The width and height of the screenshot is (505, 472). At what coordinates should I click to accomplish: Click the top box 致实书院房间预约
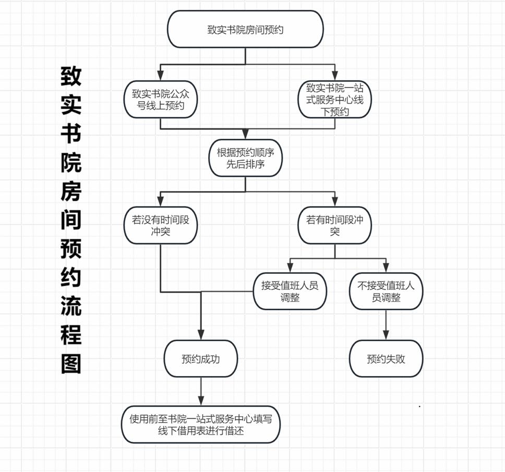[245, 29]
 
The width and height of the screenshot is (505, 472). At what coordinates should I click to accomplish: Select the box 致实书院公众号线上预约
[160, 100]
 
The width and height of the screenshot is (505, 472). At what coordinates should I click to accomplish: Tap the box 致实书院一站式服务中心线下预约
[334, 100]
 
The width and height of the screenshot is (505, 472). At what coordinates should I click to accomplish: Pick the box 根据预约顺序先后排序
[245, 158]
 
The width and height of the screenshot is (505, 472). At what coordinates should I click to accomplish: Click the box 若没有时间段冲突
[160, 225]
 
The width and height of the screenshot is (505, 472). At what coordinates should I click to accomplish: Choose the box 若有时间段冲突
[334, 225]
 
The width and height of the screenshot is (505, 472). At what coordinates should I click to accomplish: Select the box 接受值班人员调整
[290, 292]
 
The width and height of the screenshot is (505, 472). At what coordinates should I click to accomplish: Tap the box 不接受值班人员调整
[386, 292]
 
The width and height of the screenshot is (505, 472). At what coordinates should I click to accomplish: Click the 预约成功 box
[201, 359]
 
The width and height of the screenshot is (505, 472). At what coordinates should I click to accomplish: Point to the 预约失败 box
[386, 359]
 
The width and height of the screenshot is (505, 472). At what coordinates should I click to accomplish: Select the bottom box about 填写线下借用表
[201, 425]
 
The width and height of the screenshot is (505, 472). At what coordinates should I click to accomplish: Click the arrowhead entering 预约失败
[386, 335]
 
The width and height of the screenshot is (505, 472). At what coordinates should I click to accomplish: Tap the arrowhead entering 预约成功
[201, 335]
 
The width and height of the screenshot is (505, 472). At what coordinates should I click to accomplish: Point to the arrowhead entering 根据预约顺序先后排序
[245, 134]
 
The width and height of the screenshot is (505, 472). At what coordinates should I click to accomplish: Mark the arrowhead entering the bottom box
[201, 401]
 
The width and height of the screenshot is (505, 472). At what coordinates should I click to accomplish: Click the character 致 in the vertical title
[71, 76]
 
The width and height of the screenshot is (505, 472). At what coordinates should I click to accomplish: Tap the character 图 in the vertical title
[71, 364]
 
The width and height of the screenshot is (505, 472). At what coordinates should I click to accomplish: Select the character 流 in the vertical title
[71, 306]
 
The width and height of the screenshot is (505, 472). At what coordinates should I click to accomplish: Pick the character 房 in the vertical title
[71, 191]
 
